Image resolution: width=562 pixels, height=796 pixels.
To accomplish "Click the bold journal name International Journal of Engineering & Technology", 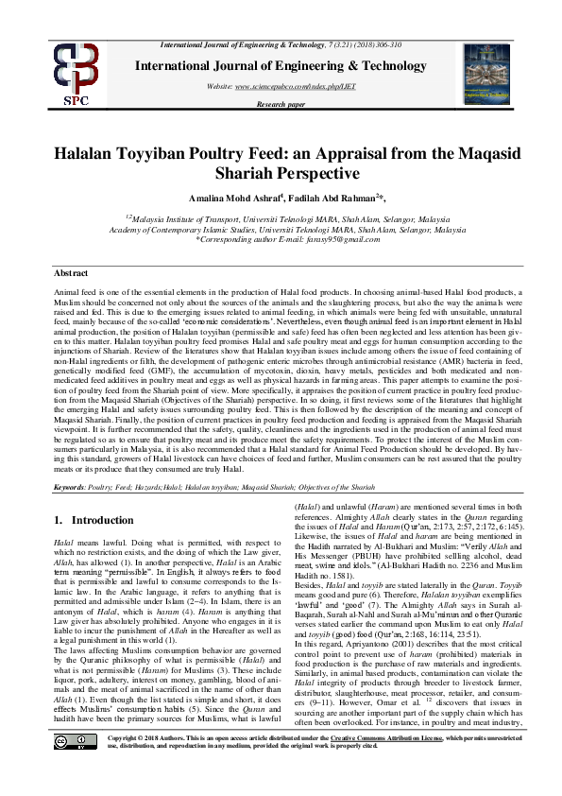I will [x=281, y=65].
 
